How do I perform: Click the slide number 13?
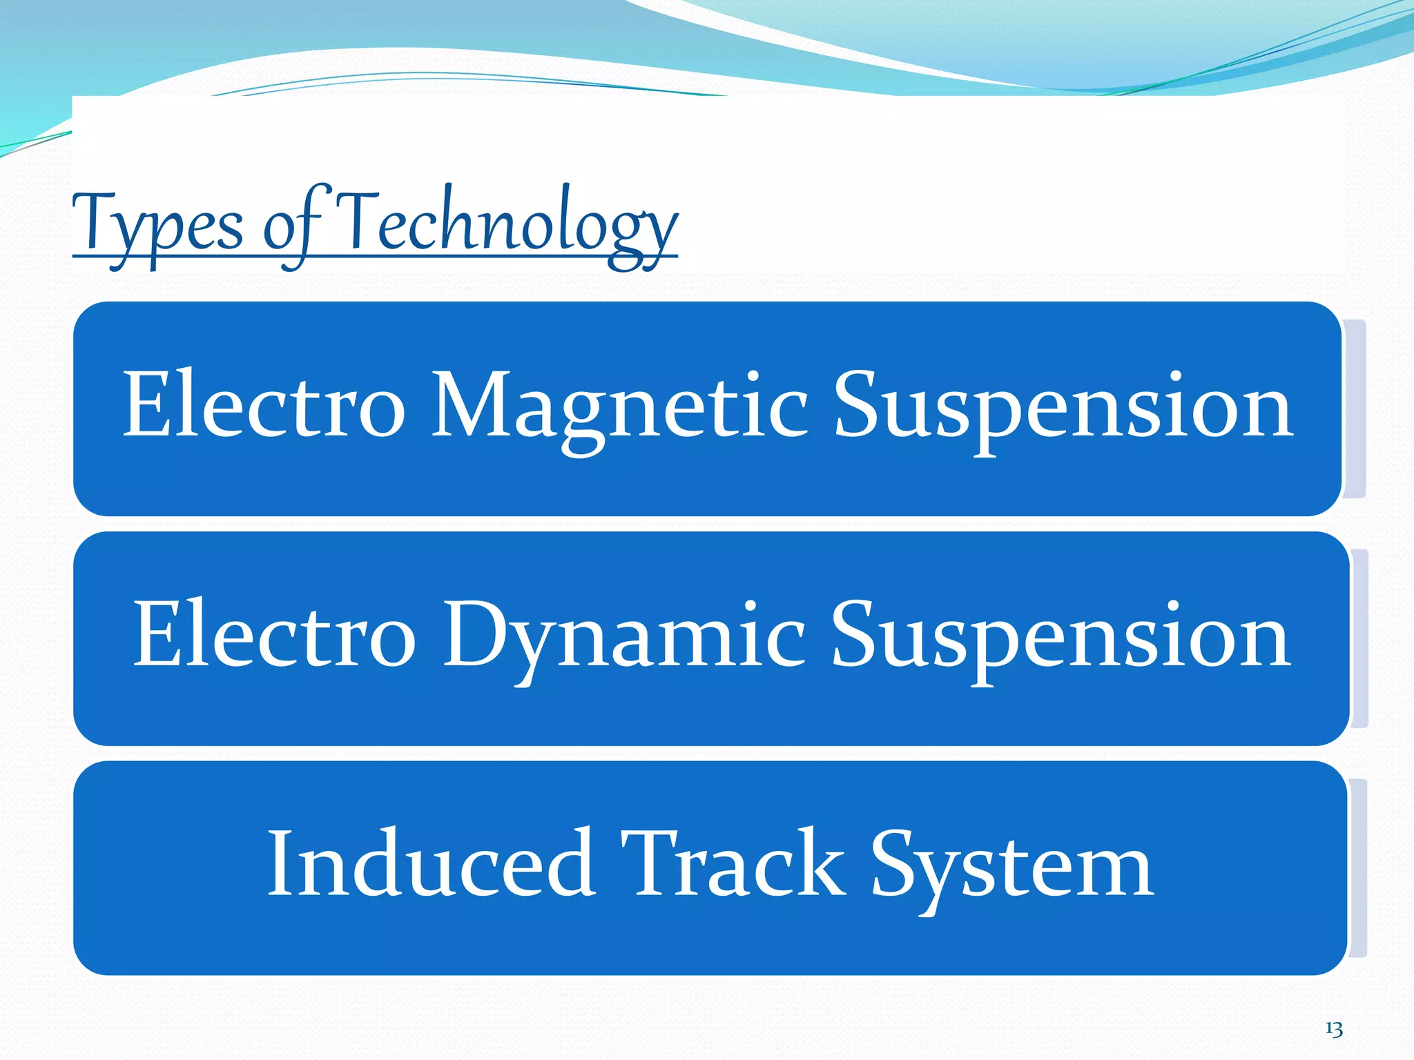coord(1334,1029)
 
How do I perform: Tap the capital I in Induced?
coord(280,864)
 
